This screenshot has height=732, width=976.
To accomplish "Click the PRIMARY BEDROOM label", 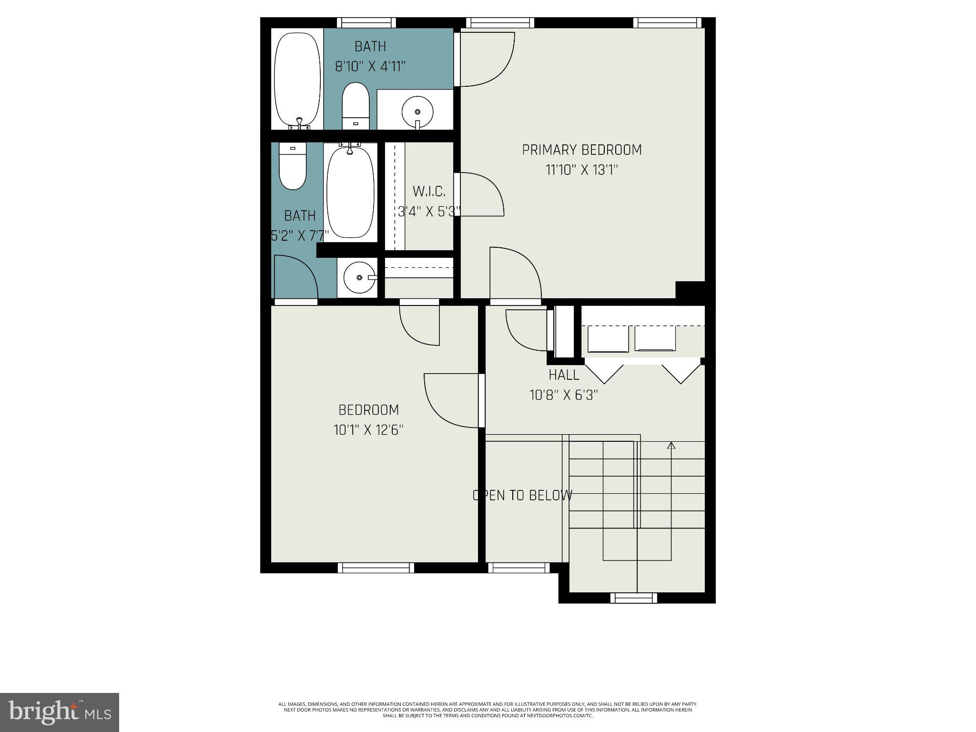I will [581, 150].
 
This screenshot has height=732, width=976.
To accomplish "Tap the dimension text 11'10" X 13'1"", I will [581, 170].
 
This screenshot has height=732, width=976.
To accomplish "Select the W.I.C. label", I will [429, 192].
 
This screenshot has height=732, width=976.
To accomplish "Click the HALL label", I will [564, 375].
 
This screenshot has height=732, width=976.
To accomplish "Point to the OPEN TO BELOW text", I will [522, 496].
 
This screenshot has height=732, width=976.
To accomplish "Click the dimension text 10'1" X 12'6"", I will [368, 430].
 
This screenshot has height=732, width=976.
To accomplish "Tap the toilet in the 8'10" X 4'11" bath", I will [356, 106].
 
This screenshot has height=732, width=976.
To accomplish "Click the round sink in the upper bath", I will [417, 112].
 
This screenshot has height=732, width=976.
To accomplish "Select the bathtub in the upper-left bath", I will [298, 79].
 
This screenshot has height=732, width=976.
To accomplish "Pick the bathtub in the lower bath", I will [350, 192].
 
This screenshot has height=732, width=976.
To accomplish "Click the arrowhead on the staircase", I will [671, 446].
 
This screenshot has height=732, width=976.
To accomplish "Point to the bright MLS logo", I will [60, 712].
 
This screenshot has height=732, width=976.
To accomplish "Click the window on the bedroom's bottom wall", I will [376, 568].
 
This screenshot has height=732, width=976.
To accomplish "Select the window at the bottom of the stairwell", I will [633, 598].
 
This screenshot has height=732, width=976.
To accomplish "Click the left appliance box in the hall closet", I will [608, 339].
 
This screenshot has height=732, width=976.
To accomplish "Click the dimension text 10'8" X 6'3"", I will [564, 395].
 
